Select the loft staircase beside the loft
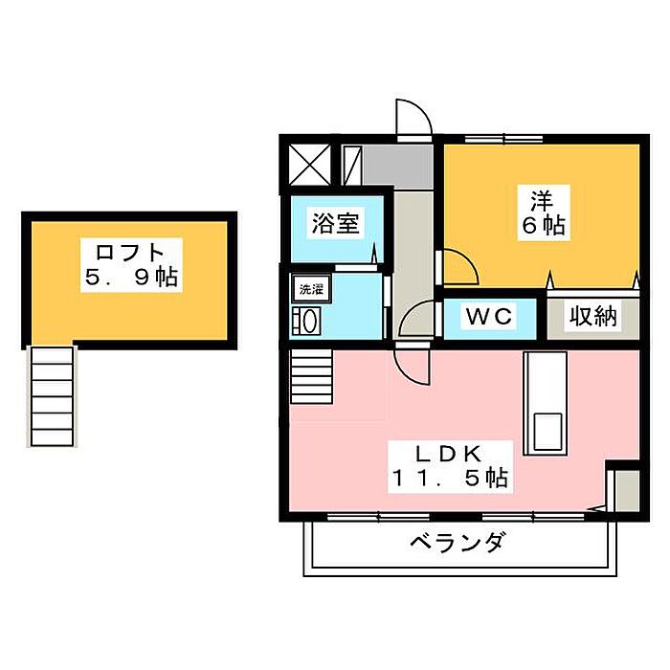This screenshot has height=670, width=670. click(51, 394)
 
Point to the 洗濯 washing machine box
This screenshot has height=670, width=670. click(310, 288)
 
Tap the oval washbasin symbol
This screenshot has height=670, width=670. click(311, 320)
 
